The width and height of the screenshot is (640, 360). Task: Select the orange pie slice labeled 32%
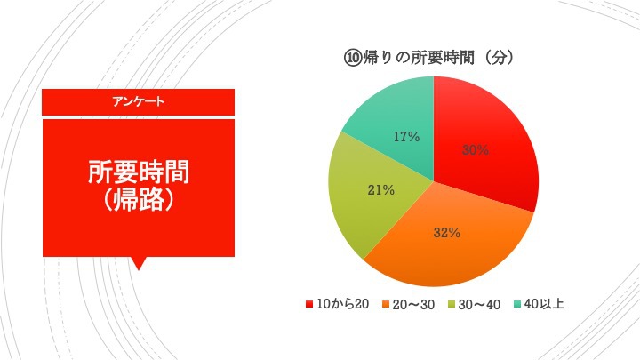[445, 241]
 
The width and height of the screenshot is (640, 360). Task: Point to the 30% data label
[476, 150]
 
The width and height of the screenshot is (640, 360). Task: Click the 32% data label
[447, 233]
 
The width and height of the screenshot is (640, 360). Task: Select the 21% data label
[380, 190]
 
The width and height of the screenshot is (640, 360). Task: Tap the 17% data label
[406, 137]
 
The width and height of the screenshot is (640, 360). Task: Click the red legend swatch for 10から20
[309, 304]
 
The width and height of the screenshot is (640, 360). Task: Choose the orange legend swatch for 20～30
[386, 304]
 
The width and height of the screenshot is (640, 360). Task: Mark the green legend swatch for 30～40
[452, 304]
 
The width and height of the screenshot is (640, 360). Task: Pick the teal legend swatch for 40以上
[517, 304]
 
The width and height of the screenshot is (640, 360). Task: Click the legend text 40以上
[545, 304]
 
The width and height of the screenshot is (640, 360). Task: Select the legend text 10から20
[343, 304]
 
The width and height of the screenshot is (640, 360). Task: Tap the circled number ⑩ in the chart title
[353, 59]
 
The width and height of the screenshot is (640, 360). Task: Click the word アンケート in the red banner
[139, 101]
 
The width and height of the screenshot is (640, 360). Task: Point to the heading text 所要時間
[139, 172]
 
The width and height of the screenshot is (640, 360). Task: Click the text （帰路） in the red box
[139, 200]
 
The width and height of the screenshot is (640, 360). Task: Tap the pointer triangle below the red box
[139, 263]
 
